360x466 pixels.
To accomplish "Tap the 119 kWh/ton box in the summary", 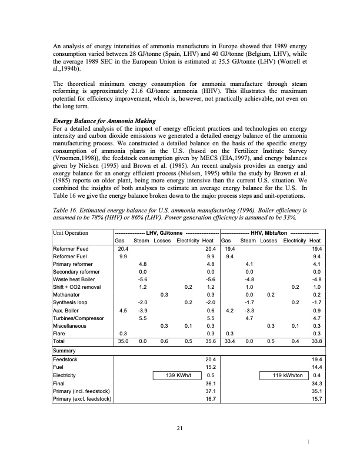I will pyautogui.click(x=284, y=374).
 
